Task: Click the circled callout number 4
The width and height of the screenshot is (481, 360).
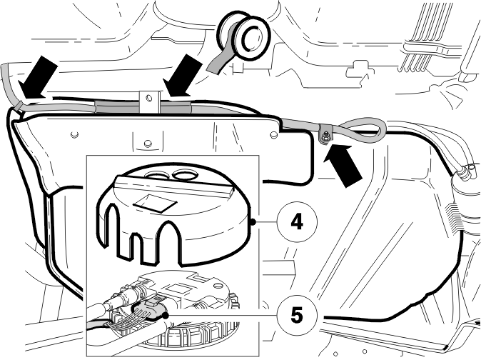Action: coord(296,221)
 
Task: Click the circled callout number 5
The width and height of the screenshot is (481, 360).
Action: coord(296,315)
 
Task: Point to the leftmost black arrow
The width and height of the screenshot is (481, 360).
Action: coord(37,79)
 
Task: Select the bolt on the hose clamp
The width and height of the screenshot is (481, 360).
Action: coord(325,134)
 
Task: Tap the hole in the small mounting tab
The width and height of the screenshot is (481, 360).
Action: coord(149,98)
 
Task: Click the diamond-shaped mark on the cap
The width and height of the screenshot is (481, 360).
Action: coord(156,202)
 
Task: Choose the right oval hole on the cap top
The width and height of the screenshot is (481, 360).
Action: coord(185,175)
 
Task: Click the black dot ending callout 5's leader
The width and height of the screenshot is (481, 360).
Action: coord(166,315)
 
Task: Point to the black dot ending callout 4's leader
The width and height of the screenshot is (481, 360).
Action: coord(253,221)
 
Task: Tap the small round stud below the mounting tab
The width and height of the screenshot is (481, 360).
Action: coord(148,144)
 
